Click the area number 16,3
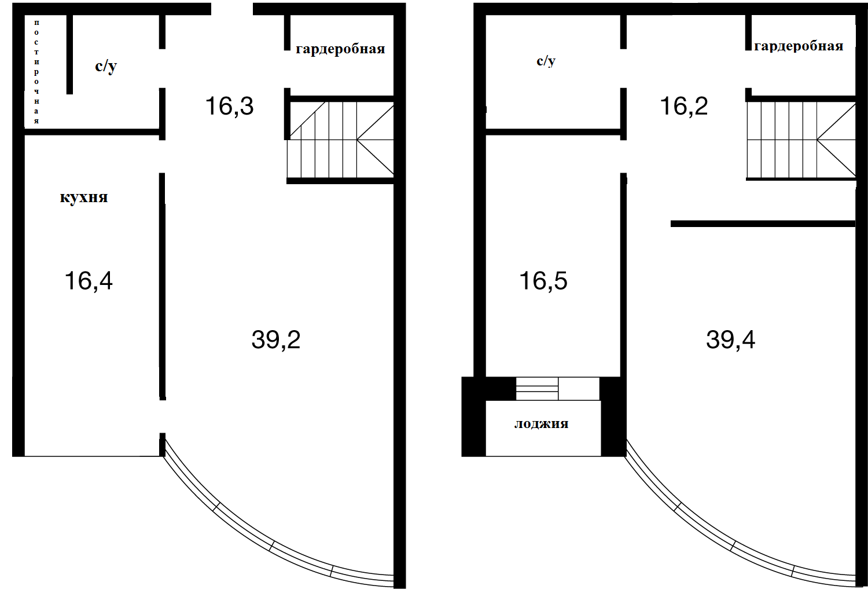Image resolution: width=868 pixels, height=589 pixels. click(229, 106)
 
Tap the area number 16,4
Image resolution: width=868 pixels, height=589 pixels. click(89, 281)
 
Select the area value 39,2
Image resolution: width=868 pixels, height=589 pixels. click(276, 339)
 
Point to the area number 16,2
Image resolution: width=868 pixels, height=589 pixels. click(684, 106)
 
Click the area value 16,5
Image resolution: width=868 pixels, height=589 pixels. click(543, 281)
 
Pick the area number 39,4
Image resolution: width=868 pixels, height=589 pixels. click(730, 339)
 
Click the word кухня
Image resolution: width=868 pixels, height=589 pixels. click(84, 197)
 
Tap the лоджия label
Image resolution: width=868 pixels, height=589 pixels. click(541, 424)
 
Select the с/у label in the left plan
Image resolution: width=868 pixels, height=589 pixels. click(106, 67)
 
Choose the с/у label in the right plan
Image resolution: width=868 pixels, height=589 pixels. click(546, 61)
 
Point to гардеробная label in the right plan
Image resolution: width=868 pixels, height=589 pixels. click(799, 46)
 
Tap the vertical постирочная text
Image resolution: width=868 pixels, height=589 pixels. click(36, 72)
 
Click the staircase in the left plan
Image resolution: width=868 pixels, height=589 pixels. click(340, 140)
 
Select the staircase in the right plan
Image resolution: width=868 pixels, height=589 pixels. click(801, 140)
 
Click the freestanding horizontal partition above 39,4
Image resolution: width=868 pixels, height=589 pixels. click(763, 224)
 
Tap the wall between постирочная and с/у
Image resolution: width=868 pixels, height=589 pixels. click(70, 54)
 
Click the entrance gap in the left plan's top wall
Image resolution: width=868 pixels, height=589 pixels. click(232, 9)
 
